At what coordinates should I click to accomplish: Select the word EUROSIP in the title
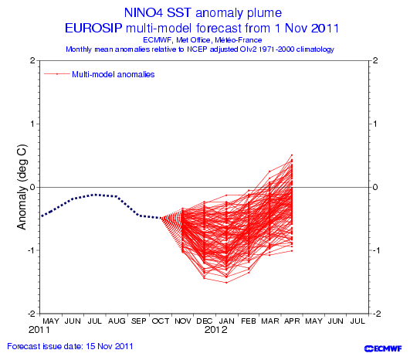93,29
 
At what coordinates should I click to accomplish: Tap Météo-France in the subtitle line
239,40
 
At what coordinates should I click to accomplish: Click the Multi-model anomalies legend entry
113,74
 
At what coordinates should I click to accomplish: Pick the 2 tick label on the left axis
32,60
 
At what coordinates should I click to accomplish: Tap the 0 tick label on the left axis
32,187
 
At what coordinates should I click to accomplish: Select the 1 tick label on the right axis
375,124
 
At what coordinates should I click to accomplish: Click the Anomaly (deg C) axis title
22,187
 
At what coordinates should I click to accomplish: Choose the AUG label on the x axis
117,321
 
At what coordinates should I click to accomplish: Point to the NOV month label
183,321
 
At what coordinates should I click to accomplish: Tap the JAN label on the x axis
227,321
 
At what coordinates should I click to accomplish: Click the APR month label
292,321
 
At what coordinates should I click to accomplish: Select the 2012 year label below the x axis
216,330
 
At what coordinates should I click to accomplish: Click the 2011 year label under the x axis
39,330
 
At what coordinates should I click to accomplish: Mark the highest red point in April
292,155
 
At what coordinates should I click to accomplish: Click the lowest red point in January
226,283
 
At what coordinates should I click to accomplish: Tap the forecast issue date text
70,346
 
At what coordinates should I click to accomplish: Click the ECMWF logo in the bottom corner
383,348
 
